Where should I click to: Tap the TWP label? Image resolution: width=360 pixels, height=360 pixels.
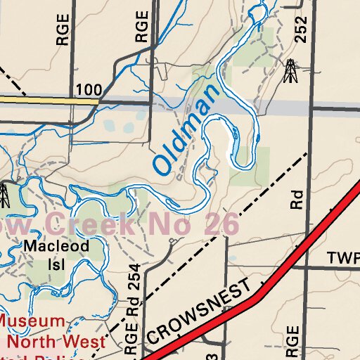pyautogui.click(x=343, y=258)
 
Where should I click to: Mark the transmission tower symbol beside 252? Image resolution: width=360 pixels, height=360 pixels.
pyautogui.click(x=290, y=71)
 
